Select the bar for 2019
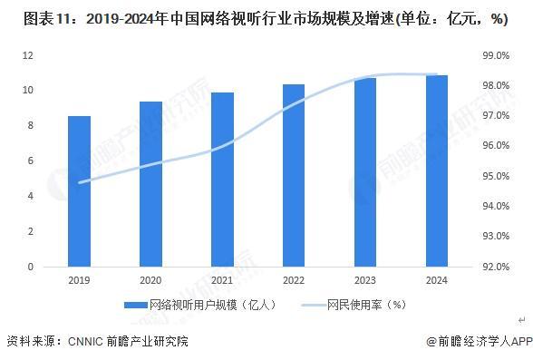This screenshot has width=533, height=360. pyautogui.click(x=80, y=191)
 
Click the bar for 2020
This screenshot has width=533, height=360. pyautogui.click(x=150, y=184)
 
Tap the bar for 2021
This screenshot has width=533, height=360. pyautogui.click(x=222, y=180)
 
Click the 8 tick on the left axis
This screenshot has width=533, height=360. pyautogui.click(x=31, y=126)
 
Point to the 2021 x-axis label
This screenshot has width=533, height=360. pyautogui.click(x=222, y=280)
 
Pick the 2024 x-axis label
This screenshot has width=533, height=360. pyautogui.click(x=436, y=280)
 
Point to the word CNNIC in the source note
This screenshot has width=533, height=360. pyautogui.click(x=87, y=342)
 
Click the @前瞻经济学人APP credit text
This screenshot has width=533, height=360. pyautogui.click(x=479, y=342)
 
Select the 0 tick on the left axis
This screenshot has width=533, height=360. pyautogui.click(x=31, y=267)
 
